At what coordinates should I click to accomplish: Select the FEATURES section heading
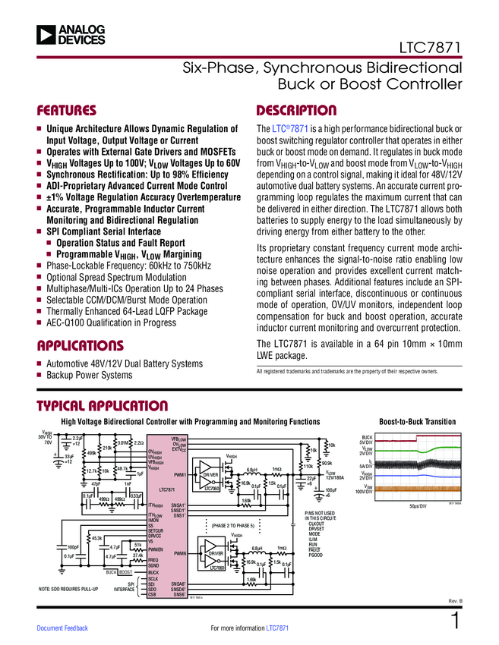point(67,110)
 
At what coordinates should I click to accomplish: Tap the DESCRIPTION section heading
point(296,110)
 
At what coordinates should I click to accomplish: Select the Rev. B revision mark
point(454,601)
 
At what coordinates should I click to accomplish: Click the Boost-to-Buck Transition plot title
point(417,422)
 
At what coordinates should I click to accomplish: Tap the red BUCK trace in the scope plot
point(418,439)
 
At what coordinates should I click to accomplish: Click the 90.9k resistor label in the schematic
point(327,462)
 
